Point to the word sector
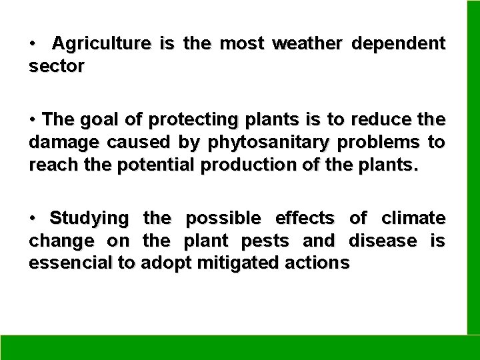(x=56, y=67)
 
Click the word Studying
(x=89, y=217)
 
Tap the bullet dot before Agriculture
(x=32, y=45)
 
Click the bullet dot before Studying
(x=32, y=217)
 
